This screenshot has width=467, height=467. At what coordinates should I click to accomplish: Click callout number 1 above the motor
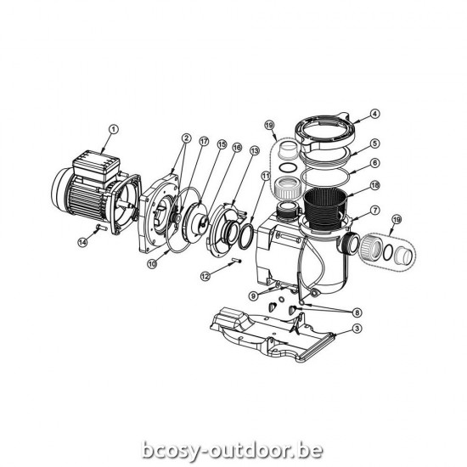tap(114, 130)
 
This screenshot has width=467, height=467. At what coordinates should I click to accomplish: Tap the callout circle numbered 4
tap(375, 114)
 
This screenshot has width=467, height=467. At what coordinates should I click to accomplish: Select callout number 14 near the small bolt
tap(82, 242)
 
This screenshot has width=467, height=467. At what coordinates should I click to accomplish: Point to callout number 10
tap(152, 264)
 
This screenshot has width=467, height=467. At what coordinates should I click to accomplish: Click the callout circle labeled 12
tap(205, 276)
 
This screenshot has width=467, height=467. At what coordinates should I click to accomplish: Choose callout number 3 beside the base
tap(357, 329)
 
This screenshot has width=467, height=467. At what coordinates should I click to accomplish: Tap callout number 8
tap(357, 312)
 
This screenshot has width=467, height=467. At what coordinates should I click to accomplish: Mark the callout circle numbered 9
tap(253, 295)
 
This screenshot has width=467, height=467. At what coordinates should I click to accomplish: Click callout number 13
tap(255, 151)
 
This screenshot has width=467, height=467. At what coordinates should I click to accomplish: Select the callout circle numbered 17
tap(204, 142)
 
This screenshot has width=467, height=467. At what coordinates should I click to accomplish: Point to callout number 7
tap(375, 211)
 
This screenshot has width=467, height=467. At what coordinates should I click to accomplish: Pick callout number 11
tap(266, 177)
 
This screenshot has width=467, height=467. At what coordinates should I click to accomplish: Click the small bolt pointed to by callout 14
tap(102, 228)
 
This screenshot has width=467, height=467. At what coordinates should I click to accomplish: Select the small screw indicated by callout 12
tap(236, 261)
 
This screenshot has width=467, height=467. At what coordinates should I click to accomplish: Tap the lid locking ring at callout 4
tap(324, 133)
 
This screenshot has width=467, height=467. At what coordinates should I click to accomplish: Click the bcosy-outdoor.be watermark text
tap(233, 449)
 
